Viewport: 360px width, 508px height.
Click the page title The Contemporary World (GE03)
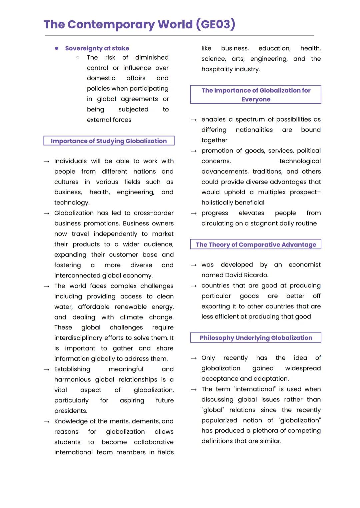139,24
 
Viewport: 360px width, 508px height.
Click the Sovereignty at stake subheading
97,48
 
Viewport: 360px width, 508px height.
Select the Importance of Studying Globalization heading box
109,141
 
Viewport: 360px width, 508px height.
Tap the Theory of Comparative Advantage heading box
256,245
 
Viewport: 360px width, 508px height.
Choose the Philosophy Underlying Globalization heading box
256,338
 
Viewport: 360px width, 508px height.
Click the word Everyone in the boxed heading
256,99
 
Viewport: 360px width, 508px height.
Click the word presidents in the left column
70,411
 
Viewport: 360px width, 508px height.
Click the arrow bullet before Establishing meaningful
46,369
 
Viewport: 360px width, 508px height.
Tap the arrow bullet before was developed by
194,265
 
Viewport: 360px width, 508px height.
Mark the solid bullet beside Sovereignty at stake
57,48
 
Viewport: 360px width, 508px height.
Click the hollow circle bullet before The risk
78,58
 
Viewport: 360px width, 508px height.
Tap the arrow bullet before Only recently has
194,358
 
